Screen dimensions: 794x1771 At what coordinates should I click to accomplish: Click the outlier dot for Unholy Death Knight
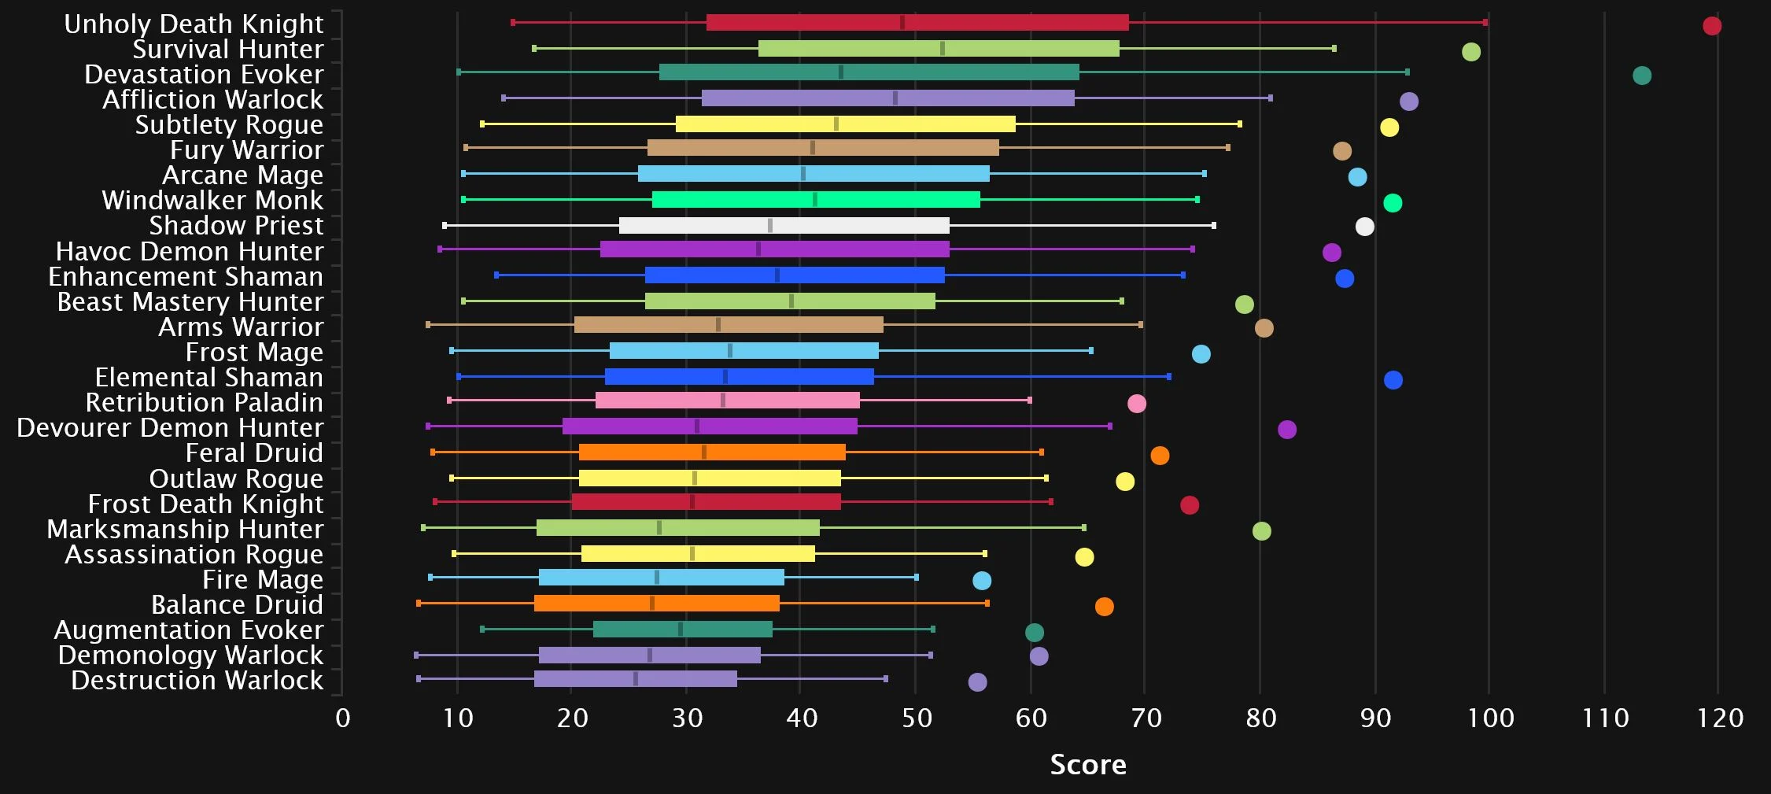(x=1711, y=26)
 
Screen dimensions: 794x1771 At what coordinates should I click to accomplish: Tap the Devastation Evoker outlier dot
(x=1641, y=76)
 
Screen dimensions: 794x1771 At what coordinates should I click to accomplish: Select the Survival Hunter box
(x=938, y=49)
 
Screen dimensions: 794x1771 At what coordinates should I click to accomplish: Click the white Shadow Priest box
(x=784, y=226)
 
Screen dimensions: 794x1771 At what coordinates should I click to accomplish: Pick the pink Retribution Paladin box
(x=727, y=401)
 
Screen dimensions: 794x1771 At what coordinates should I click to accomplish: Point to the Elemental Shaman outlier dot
(x=1393, y=380)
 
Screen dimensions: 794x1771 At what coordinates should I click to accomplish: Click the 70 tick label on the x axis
(x=1146, y=718)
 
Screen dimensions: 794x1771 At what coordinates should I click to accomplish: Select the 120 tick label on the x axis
(x=1720, y=718)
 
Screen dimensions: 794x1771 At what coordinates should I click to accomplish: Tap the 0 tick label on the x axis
(x=342, y=718)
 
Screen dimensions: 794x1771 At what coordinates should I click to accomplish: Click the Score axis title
(x=1087, y=764)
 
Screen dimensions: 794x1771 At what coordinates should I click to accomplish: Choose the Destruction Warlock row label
(x=197, y=680)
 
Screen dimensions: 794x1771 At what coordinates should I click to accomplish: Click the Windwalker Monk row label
(x=212, y=200)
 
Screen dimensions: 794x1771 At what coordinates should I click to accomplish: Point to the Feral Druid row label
(x=254, y=452)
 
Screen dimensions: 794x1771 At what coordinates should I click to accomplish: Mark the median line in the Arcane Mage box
(x=802, y=174)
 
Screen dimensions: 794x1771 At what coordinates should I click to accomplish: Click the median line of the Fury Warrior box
(x=812, y=148)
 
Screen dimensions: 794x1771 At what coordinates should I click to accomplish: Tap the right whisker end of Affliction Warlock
(x=1270, y=98)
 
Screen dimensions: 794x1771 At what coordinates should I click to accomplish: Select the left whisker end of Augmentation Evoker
(x=482, y=629)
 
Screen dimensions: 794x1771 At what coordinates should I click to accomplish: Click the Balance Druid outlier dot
(x=1104, y=607)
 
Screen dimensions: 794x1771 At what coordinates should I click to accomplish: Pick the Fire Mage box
(x=661, y=578)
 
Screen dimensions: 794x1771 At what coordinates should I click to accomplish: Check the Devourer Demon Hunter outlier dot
(x=1286, y=430)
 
